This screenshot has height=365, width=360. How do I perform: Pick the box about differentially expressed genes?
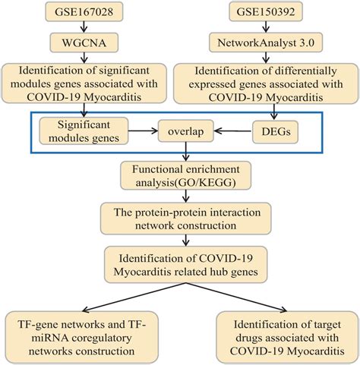266,83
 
